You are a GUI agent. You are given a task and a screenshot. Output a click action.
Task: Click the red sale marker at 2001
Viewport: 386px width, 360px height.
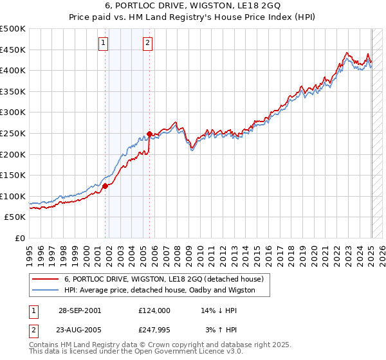105,186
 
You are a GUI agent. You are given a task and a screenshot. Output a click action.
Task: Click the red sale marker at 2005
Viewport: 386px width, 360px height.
149,134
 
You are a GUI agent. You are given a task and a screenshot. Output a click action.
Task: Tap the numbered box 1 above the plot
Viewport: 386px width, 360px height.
104,43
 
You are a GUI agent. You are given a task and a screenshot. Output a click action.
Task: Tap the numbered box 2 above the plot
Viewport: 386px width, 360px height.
147,43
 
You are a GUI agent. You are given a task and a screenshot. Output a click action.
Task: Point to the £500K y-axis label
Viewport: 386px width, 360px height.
13,29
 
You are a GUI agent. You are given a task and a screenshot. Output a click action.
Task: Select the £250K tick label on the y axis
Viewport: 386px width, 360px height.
13,133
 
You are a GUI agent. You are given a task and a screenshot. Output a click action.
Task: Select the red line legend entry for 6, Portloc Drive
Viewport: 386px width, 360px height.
164,280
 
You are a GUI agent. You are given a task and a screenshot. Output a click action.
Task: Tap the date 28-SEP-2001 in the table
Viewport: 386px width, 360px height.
79,310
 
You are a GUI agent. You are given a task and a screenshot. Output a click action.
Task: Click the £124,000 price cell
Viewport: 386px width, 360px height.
154,310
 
